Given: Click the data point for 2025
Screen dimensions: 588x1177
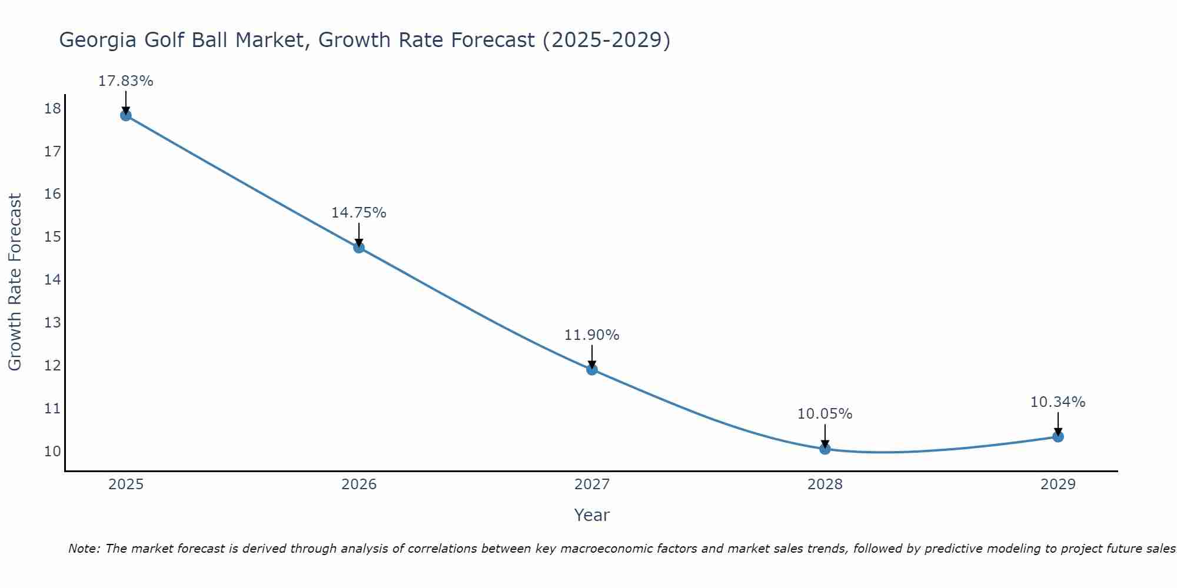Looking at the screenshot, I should [125, 115].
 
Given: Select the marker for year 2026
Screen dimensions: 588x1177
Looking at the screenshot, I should [358, 248].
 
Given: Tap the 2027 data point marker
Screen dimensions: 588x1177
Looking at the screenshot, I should [591, 369].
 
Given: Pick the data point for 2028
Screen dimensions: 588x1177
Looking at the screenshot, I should [824, 449].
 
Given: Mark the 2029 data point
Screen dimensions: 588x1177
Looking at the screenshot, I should [1058, 436].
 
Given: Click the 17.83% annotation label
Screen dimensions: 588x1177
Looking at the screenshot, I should [125, 81].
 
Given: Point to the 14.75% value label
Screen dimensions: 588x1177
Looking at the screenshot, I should [358, 213].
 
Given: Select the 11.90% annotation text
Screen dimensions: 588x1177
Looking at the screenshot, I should [591, 335].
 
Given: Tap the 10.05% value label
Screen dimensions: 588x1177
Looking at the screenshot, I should [824, 414].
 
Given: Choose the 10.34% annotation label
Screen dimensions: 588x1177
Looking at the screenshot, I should [1058, 402].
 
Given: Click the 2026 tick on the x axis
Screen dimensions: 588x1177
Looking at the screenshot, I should [358, 485].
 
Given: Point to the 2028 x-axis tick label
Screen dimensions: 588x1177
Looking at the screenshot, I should [824, 485].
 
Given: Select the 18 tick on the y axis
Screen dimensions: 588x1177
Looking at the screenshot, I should [52, 108].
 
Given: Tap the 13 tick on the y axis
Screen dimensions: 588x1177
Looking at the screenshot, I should [52, 322].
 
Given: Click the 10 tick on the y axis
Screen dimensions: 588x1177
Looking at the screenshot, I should [52, 451].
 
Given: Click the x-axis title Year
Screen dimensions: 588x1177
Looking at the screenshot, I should [591, 515].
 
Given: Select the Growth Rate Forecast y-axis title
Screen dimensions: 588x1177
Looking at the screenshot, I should [15, 282].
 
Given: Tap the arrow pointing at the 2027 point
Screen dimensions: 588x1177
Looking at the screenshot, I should [591, 356].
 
